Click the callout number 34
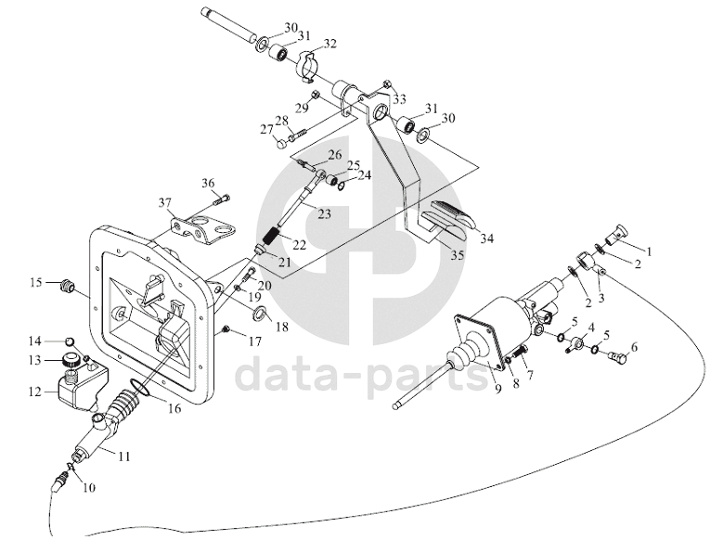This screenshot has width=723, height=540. coord(487,238)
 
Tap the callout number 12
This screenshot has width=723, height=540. coord(35,392)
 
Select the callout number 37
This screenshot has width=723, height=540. coord(164,202)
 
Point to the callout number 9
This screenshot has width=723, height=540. coord(498,389)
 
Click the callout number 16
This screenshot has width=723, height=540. coord(174,408)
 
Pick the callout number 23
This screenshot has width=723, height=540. coord(324,214)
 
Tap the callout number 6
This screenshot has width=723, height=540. coord(634,347)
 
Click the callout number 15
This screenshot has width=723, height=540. coord(36,282)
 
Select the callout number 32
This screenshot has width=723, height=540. coord(330,44)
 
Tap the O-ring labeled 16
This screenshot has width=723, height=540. coord(140,388)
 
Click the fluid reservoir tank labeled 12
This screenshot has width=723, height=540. coord(81,387)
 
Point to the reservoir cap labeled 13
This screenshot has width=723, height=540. coord(71,358)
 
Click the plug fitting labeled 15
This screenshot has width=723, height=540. coord(68,286)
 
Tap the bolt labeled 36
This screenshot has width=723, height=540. coord(220,200)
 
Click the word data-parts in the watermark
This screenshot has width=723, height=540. coord(362,375)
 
